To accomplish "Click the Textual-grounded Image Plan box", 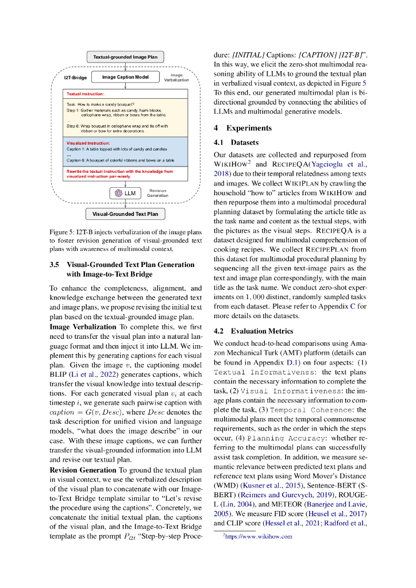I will point(125,57).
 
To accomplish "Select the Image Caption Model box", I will point(125,77).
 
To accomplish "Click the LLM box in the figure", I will point(125,194).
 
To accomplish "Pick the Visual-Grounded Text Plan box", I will point(125,214).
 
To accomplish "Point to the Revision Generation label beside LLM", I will point(158,193).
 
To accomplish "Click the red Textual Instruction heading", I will point(85,94).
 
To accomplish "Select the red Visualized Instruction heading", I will point(89,142).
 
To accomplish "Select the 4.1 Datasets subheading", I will point(237,142).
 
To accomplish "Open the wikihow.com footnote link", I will point(260,537).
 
